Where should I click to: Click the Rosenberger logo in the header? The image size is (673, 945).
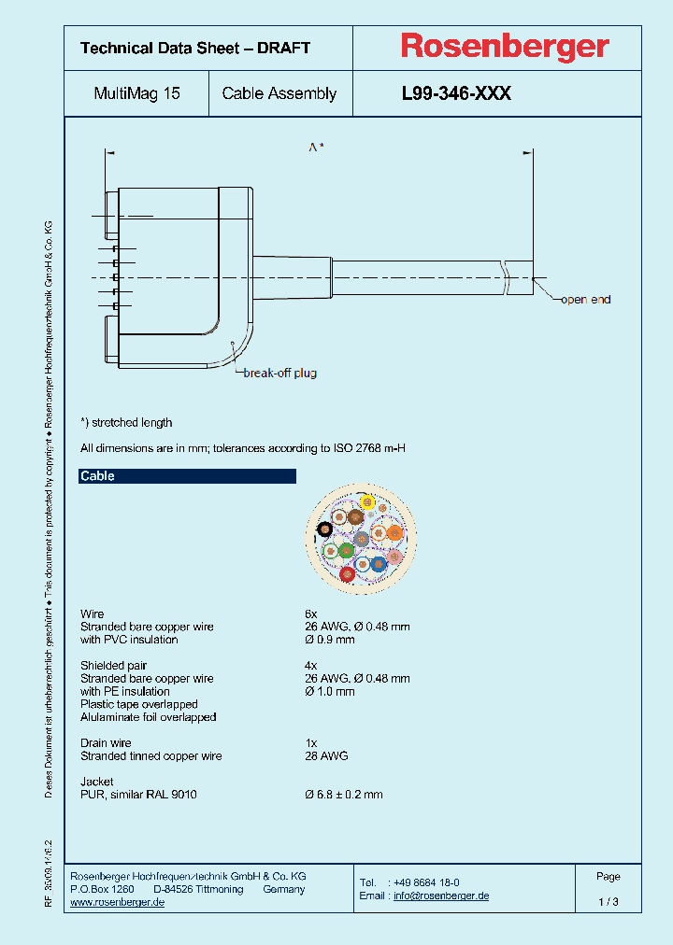[x=505, y=46]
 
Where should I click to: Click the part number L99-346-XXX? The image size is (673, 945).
[x=456, y=93]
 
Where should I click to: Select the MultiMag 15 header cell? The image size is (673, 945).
[x=137, y=93]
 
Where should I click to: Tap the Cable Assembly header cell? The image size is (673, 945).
[x=279, y=93]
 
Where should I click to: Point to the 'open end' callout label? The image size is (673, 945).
[x=585, y=300]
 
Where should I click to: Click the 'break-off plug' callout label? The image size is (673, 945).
[x=279, y=374]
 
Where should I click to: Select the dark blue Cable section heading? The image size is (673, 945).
[x=187, y=476]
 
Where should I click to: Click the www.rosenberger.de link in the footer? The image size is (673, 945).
[x=118, y=903]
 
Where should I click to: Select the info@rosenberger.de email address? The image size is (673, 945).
[x=441, y=896]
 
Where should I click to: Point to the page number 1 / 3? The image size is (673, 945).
[x=608, y=902]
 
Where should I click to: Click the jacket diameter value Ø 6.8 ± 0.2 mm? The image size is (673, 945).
[x=344, y=795]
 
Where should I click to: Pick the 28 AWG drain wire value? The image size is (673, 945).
[x=326, y=756]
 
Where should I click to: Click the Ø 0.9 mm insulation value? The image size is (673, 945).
[x=330, y=640]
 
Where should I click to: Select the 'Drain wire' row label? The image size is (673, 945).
[x=106, y=743]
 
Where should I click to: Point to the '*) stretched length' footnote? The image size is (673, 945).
[x=126, y=423]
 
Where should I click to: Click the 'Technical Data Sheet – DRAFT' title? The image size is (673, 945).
[x=195, y=48]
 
